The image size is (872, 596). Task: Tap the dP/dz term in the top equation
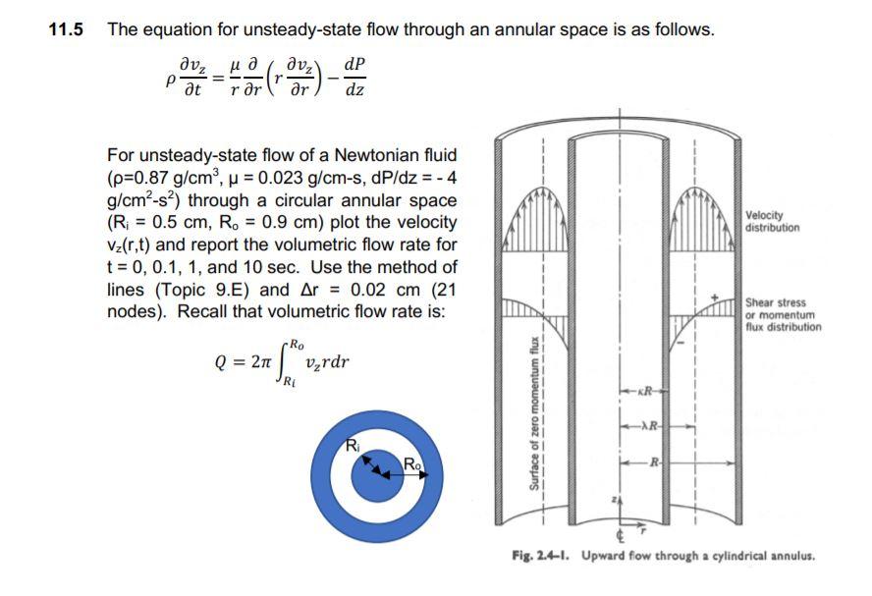point(356,77)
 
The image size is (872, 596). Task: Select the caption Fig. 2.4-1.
point(542,556)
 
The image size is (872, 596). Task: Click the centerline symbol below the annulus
point(621,537)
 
